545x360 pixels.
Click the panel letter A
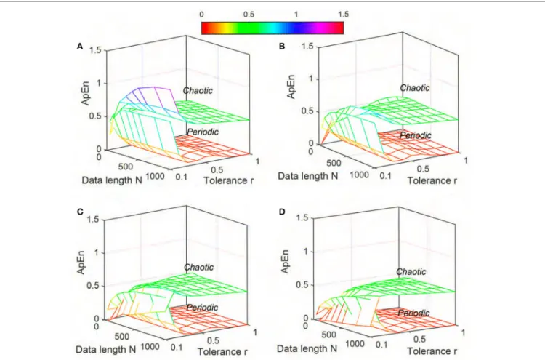point(80,47)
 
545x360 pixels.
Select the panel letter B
point(282,47)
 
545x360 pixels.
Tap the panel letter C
point(80,212)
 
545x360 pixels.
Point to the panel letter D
point(282,212)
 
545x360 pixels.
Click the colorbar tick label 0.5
point(249,15)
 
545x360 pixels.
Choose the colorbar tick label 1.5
point(343,14)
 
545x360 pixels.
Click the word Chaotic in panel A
point(198,90)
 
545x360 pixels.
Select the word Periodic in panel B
point(416,135)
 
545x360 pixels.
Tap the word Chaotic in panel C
point(199,267)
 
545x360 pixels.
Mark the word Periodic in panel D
point(413,313)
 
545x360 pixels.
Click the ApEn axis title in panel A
point(85,93)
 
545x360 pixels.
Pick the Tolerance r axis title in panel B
point(432,180)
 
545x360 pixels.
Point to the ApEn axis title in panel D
point(285,262)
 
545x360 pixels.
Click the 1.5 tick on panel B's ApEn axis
point(307,47)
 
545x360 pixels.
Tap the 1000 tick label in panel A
point(156,176)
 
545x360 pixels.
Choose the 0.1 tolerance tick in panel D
point(381,344)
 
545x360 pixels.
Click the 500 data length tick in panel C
point(121,336)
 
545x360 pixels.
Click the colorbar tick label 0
point(201,15)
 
